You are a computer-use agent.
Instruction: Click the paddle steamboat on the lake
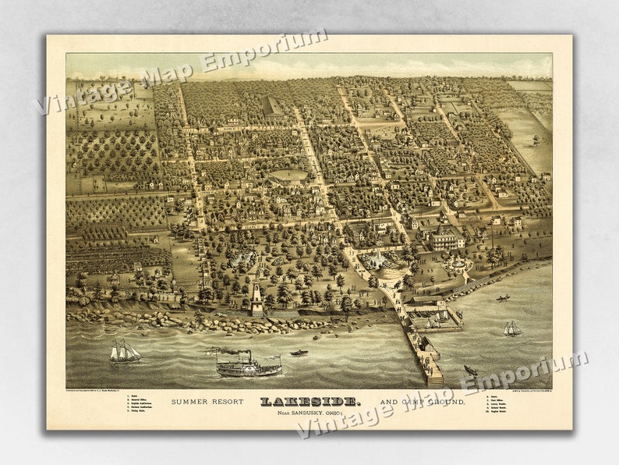click(x=248, y=364)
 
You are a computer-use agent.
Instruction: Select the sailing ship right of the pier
click(x=511, y=328)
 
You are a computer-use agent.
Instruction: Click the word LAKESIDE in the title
click(x=310, y=401)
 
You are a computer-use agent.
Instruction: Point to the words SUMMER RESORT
click(x=208, y=402)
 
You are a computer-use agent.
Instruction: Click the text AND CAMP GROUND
click(x=422, y=402)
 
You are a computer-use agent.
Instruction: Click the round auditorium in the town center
click(x=288, y=177)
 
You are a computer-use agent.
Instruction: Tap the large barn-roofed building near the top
click(x=273, y=106)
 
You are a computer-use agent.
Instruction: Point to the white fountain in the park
click(x=377, y=259)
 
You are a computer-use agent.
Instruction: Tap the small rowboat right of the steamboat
click(x=299, y=353)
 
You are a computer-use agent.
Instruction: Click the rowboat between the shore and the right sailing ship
click(x=504, y=297)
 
